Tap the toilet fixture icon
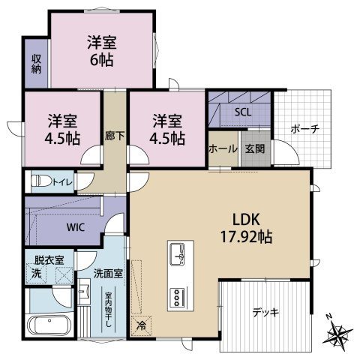click(41, 181)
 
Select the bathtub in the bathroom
click(49, 325)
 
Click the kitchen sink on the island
click(177, 254)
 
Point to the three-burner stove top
click(178, 298)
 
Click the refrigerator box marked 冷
click(142, 325)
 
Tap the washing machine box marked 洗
click(36, 274)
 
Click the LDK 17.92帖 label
click(246, 228)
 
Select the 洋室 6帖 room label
click(102, 51)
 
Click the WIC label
click(76, 228)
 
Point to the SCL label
click(243, 112)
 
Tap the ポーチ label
click(305, 129)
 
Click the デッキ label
click(265, 312)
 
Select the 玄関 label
click(255, 149)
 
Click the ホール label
click(223, 149)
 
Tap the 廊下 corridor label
click(115, 136)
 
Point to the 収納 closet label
click(36, 64)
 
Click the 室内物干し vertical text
click(108, 310)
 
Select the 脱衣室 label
click(49, 260)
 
